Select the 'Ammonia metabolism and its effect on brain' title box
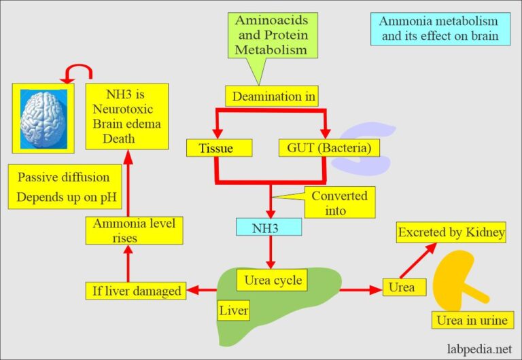tap(445, 28)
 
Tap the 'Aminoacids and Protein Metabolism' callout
tap(271, 35)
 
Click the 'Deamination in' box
tap(273, 96)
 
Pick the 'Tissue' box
tap(219, 147)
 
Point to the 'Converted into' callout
tap(339, 202)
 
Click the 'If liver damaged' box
tap(137, 291)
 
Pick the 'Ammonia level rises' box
tap(135, 230)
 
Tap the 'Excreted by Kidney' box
tap(451, 233)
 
